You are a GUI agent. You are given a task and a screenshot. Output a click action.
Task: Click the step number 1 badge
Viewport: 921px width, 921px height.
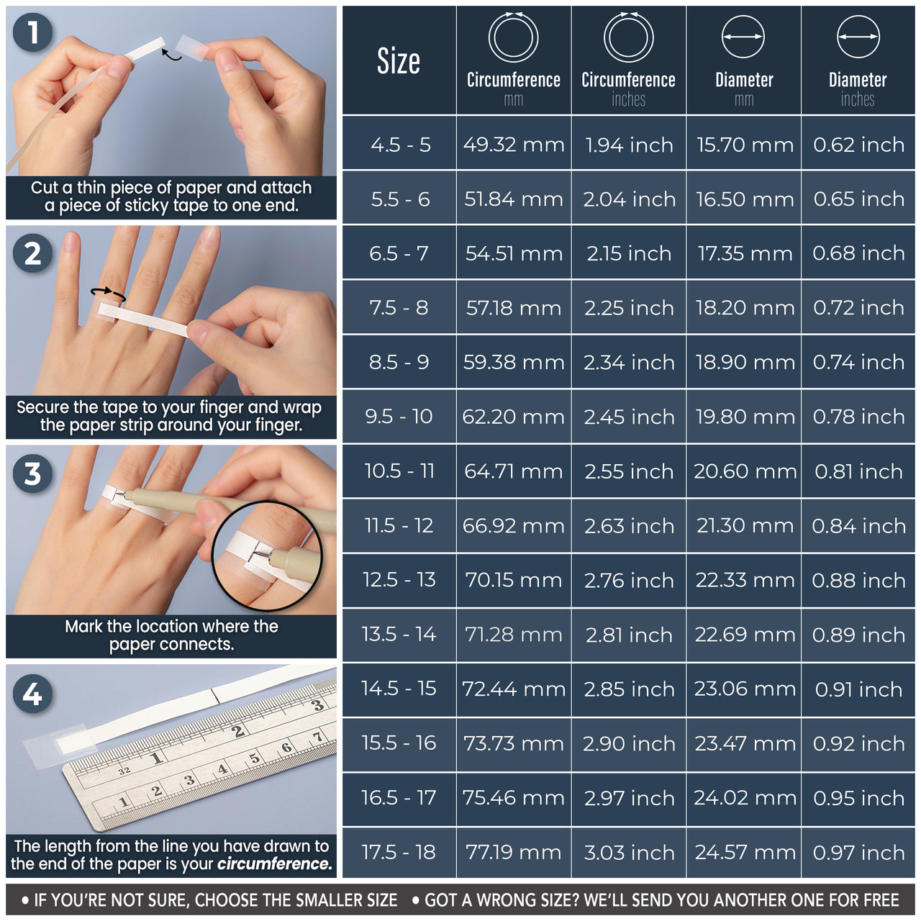pos(32,33)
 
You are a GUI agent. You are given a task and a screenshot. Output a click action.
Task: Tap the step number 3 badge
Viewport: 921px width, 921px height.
pos(32,474)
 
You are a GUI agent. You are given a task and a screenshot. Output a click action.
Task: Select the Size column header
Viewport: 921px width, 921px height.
pos(399,61)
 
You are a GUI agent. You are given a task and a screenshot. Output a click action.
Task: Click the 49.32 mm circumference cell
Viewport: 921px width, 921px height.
pos(514,145)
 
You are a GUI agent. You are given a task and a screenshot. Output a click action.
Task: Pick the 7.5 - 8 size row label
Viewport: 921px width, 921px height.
pos(399,308)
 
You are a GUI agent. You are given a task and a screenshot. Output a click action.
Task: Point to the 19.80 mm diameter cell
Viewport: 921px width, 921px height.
pos(745,417)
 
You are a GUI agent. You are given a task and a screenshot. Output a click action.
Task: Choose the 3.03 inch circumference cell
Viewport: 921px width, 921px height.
pos(629,853)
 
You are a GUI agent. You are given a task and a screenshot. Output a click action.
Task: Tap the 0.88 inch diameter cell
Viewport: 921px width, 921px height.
pos(858,580)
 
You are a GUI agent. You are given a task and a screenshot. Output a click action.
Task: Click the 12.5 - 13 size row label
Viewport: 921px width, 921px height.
pos(399,580)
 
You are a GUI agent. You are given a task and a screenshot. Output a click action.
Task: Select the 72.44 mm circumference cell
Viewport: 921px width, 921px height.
pos(514,689)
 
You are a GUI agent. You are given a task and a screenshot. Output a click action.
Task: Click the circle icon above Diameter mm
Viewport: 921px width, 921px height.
pos(743,37)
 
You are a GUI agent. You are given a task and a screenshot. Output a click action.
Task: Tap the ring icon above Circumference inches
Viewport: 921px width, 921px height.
pos(629,37)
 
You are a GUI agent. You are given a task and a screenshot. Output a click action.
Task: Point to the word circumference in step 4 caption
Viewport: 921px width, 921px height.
pos(274,864)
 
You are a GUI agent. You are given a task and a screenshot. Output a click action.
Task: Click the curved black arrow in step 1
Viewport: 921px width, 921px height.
pos(171,54)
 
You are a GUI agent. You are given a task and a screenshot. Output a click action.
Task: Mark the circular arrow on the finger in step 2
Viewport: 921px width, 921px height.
pos(108,293)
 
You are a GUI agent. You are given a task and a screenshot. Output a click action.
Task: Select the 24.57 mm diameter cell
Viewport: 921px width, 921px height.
pos(745,853)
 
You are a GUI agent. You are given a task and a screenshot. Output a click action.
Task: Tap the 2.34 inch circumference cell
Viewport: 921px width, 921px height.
pos(629,363)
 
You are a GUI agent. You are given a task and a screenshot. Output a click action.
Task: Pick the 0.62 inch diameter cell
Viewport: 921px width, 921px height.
pos(858,145)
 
